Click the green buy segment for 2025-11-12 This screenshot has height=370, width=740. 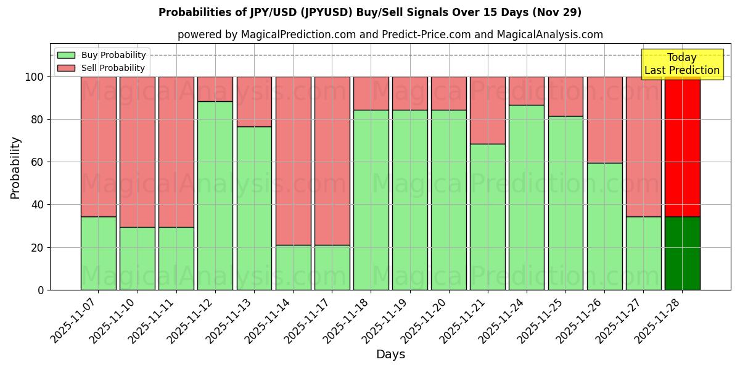tap(215, 195)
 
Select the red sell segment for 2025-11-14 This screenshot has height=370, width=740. tap(293, 161)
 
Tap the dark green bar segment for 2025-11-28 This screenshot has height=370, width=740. tap(682, 253)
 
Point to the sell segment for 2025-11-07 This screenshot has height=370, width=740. tap(98, 147)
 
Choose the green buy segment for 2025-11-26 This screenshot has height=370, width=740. tap(604, 226)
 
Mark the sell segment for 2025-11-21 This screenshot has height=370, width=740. tap(487, 110)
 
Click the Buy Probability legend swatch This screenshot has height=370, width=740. tap(66, 55)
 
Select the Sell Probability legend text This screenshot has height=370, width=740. tap(113, 68)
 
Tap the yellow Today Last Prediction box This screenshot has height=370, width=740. tap(681, 64)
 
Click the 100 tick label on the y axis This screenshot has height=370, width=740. tap(35, 77)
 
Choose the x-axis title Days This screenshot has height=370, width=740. tap(390, 355)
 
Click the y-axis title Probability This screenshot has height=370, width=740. tap(15, 168)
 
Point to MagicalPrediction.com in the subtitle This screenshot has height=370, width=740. tap(298, 35)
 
